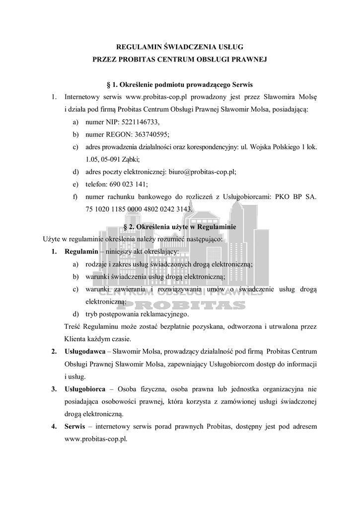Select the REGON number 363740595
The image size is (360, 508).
pyautogui.click(x=148, y=134)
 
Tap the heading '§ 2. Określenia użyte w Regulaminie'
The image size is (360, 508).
pyautogui.click(x=179, y=227)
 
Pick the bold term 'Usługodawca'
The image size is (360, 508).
pyautogui.click(x=83, y=352)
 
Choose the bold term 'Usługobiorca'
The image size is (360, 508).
pyautogui.click(x=83, y=389)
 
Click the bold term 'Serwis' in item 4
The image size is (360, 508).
pyautogui.click(x=74, y=426)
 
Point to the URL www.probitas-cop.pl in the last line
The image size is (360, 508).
pyautogui.click(x=96, y=439)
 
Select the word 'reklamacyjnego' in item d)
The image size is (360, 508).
pyautogui.click(x=164, y=314)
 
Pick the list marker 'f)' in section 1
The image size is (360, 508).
pyautogui.click(x=76, y=196)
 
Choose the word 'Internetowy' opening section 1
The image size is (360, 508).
pyautogui.click(x=83, y=97)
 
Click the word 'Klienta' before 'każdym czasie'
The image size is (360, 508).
pyautogui.click(x=75, y=339)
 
